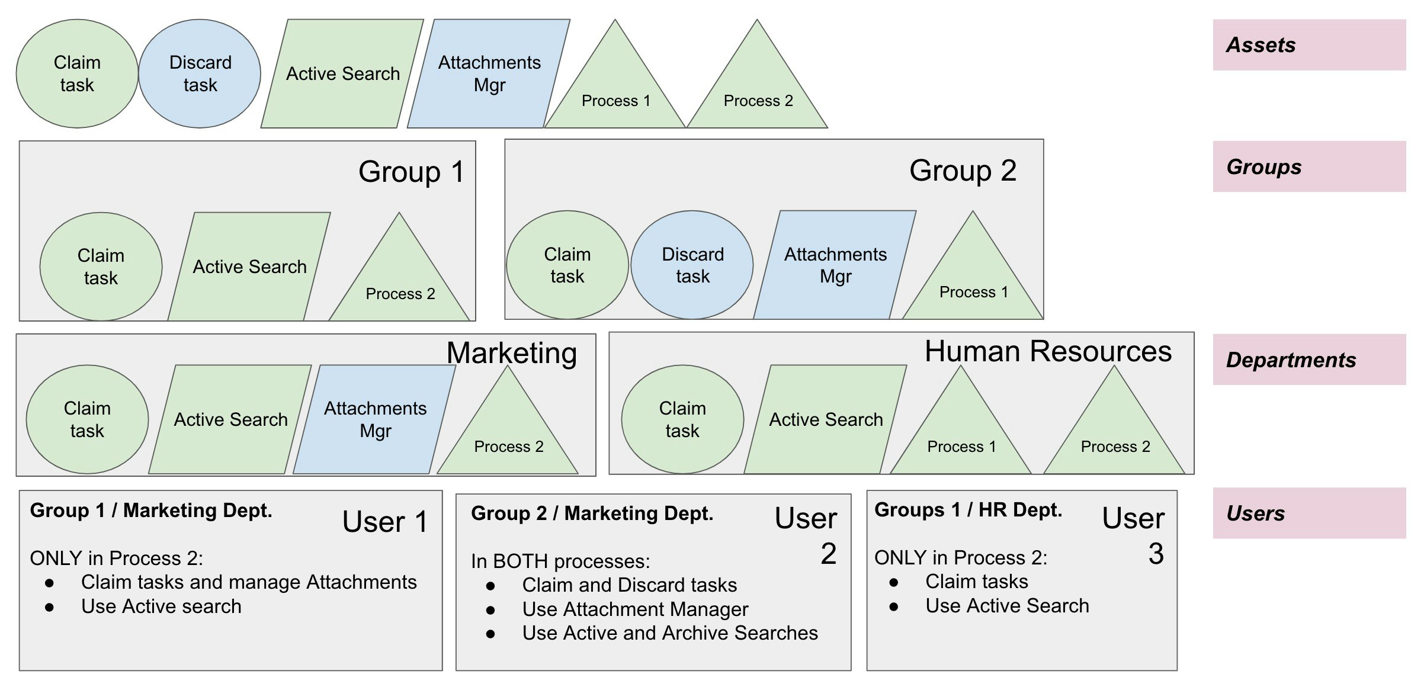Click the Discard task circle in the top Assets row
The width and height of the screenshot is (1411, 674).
[x=200, y=73]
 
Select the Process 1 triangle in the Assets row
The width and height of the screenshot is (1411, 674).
[x=615, y=89]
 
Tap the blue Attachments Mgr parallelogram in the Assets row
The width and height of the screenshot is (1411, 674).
[x=489, y=73]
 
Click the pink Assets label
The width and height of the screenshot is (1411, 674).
[x=1309, y=45]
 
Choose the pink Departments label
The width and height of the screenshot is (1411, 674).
[x=1309, y=360]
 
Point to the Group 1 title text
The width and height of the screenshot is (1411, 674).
[x=411, y=172]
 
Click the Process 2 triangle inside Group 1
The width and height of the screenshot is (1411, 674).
[x=400, y=281]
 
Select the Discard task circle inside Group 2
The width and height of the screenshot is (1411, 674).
[x=692, y=265]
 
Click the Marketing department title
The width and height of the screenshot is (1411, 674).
[x=511, y=353]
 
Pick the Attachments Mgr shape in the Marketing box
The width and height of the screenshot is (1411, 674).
[x=374, y=419]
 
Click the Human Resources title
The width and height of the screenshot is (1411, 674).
[x=1048, y=351]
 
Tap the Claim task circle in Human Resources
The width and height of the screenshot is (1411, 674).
[x=682, y=419]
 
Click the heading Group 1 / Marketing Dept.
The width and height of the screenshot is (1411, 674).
[x=151, y=511]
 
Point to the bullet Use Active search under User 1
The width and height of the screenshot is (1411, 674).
[x=161, y=606]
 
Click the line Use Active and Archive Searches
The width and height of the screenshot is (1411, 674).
[x=669, y=633]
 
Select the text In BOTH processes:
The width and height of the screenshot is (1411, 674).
[x=560, y=561]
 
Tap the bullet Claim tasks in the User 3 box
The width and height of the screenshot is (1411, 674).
[x=976, y=582]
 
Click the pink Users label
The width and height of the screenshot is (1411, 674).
[x=1309, y=513]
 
